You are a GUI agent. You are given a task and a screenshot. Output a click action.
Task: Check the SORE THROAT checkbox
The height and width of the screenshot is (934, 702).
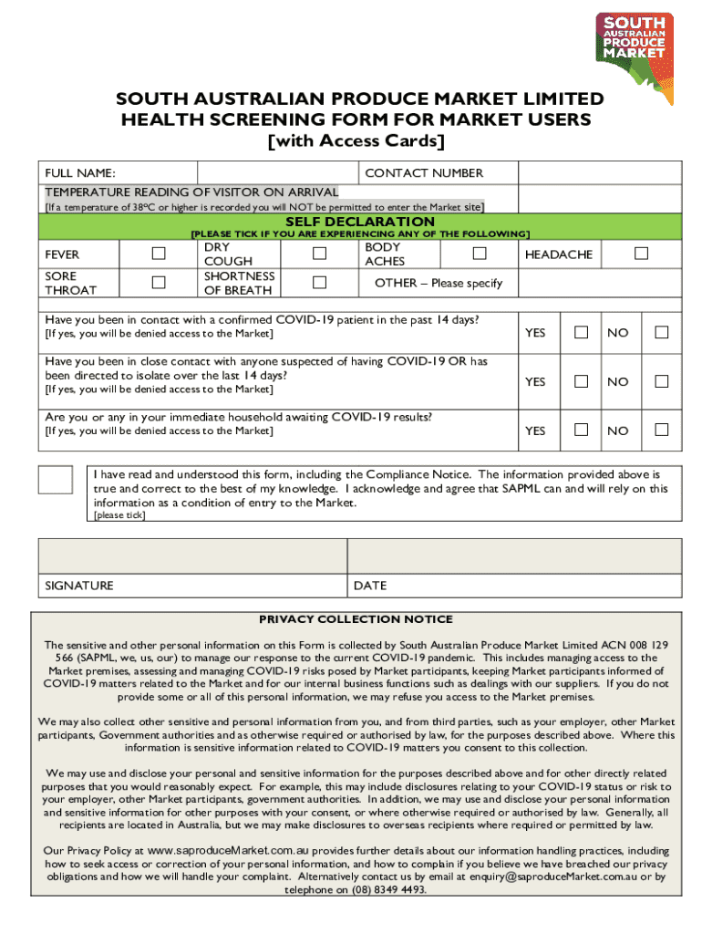(159, 282)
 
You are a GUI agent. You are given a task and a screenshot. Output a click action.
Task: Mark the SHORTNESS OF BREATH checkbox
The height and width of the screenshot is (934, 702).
(319, 282)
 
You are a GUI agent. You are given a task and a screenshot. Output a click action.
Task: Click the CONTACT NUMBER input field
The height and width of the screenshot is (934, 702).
(599, 172)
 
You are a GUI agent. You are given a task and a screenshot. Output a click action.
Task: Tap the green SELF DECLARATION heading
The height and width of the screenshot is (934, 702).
(360, 222)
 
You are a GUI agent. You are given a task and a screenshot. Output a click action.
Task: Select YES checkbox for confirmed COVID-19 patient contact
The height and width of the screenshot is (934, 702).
(581, 332)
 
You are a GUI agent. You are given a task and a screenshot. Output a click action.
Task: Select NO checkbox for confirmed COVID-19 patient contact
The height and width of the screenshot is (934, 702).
(662, 332)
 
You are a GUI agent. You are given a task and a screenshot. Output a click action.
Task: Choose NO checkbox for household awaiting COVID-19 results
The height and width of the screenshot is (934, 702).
(662, 430)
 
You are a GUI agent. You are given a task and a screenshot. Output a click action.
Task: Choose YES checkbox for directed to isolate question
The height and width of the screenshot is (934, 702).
(581, 381)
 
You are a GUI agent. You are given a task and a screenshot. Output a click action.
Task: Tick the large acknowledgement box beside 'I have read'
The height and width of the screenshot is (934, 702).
(55, 479)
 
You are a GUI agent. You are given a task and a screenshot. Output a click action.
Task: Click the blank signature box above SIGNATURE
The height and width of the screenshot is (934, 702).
(191, 555)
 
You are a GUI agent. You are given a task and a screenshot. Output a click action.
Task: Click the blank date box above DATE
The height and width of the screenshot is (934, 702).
(514, 555)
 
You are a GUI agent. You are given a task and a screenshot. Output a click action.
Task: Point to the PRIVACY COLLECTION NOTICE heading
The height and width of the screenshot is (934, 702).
(356, 619)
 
